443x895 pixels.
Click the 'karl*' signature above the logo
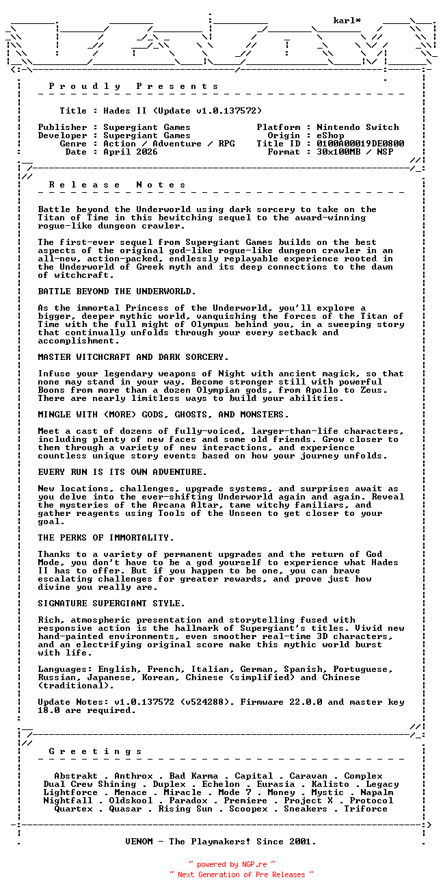click(347, 21)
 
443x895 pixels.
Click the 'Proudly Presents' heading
click(134, 86)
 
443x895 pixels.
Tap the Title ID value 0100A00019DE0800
click(360, 144)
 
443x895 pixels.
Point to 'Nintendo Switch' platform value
click(358, 127)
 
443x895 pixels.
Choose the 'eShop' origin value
click(330, 135)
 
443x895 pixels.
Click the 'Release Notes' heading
click(118, 185)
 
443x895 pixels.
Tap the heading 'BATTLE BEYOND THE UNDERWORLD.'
click(117, 291)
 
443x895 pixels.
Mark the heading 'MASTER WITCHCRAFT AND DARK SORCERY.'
click(133, 357)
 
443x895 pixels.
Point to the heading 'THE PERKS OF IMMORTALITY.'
click(106, 538)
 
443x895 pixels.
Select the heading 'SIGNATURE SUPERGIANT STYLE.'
click(111, 604)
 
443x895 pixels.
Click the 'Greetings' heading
click(96, 751)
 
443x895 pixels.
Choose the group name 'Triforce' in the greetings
click(366, 809)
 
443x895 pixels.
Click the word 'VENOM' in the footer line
click(142, 842)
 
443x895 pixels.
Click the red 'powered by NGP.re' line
click(232, 865)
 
